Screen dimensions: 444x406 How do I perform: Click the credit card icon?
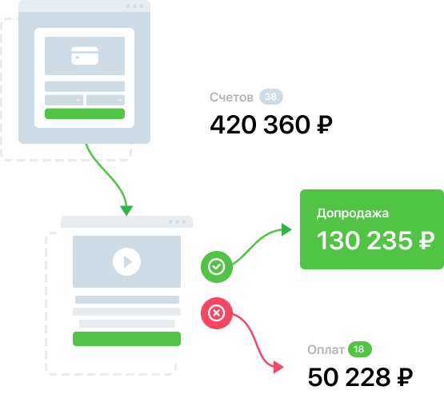pyautogui.click(x=85, y=56)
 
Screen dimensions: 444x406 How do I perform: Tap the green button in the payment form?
pyautogui.click(x=85, y=113)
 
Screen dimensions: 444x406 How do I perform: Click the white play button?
pyautogui.click(x=126, y=261)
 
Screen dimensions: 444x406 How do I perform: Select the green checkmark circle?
pyautogui.click(x=217, y=266)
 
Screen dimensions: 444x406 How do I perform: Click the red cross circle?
pyautogui.click(x=217, y=313)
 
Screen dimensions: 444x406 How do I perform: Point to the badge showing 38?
pyautogui.click(x=271, y=97)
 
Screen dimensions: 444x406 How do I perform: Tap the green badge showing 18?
pyautogui.click(x=360, y=349)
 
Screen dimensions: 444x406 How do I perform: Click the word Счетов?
pyautogui.click(x=231, y=98)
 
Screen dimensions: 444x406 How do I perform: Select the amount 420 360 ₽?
pyautogui.click(x=271, y=125)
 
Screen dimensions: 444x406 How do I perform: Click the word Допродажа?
pyautogui.click(x=353, y=213)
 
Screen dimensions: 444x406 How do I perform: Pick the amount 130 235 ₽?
pyautogui.click(x=375, y=241)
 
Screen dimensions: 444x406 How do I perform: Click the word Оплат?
pyautogui.click(x=326, y=350)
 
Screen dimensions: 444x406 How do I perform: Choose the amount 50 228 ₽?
pyautogui.click(x=360, y=377)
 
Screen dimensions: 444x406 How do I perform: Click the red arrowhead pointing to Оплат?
pyautogui.click(x=278, y=367)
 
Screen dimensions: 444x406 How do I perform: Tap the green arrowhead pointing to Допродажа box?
pyautogui.click(x=286, y=229)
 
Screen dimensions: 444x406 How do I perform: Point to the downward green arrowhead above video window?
pyautogui.click(x=126, y=210)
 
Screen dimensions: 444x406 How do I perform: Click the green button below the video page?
pyautogui.click(x=126, y=339)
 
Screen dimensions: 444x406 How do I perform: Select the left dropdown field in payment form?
pyautogui.click(x=64, y=100)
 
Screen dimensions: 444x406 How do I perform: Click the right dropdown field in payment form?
pyautogui.click(x=106, y=100)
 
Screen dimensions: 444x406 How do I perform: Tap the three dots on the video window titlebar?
pyautogui.click(x=178, y=222)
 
